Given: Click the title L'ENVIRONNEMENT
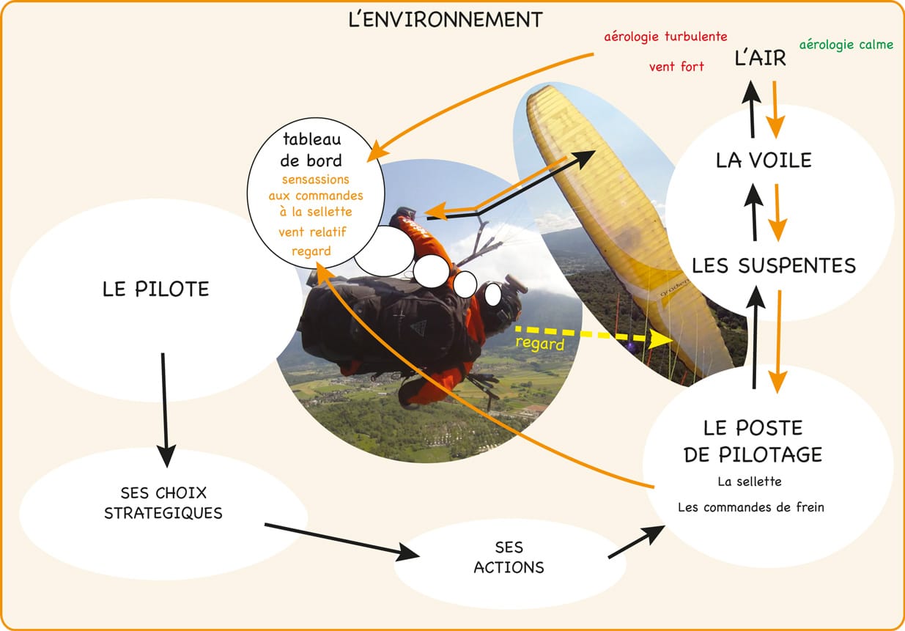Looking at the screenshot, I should (446, 20).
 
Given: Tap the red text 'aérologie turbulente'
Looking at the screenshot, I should (665, 36).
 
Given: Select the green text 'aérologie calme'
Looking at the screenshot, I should (846, 45).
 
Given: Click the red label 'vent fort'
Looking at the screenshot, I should (676, 67).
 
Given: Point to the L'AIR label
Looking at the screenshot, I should (761, 59).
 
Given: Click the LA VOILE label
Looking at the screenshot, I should (764, 160).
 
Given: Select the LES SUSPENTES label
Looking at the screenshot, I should (774, 265).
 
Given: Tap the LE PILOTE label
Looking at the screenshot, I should (156, 289).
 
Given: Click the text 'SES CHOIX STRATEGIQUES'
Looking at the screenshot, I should (163, 502).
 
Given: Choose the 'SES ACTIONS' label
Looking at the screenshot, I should (509, 557).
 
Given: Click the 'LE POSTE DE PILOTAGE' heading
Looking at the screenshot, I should (753, 441).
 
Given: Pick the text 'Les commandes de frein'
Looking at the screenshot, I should (751, 507).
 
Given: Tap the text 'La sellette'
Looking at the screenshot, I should (750, 481).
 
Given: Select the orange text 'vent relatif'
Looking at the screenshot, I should (312, 232).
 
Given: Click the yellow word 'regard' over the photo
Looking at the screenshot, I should (540, 344).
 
